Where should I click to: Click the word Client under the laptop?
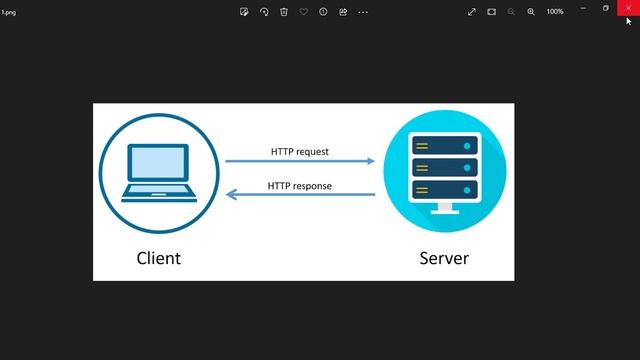click(158, 258)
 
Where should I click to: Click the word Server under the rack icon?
click(444, 258)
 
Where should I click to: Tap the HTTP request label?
click(299, 152)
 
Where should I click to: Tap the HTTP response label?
click(299, 186)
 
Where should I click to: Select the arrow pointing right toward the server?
click(300, 161)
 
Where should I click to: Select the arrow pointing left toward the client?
click(300, 195)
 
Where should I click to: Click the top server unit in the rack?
click(444, 146)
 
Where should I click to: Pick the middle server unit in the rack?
click(444, 167)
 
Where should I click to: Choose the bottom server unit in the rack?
click(444, 188)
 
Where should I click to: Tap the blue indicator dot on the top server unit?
click(466, 146)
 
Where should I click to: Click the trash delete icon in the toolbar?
click(284, 12)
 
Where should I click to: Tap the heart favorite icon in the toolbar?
click(303, 12)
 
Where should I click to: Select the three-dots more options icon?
click(363, 12)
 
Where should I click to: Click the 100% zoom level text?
click(554, 12)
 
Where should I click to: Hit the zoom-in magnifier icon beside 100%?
click(531, 12)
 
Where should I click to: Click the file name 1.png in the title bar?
click(9, 12)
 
